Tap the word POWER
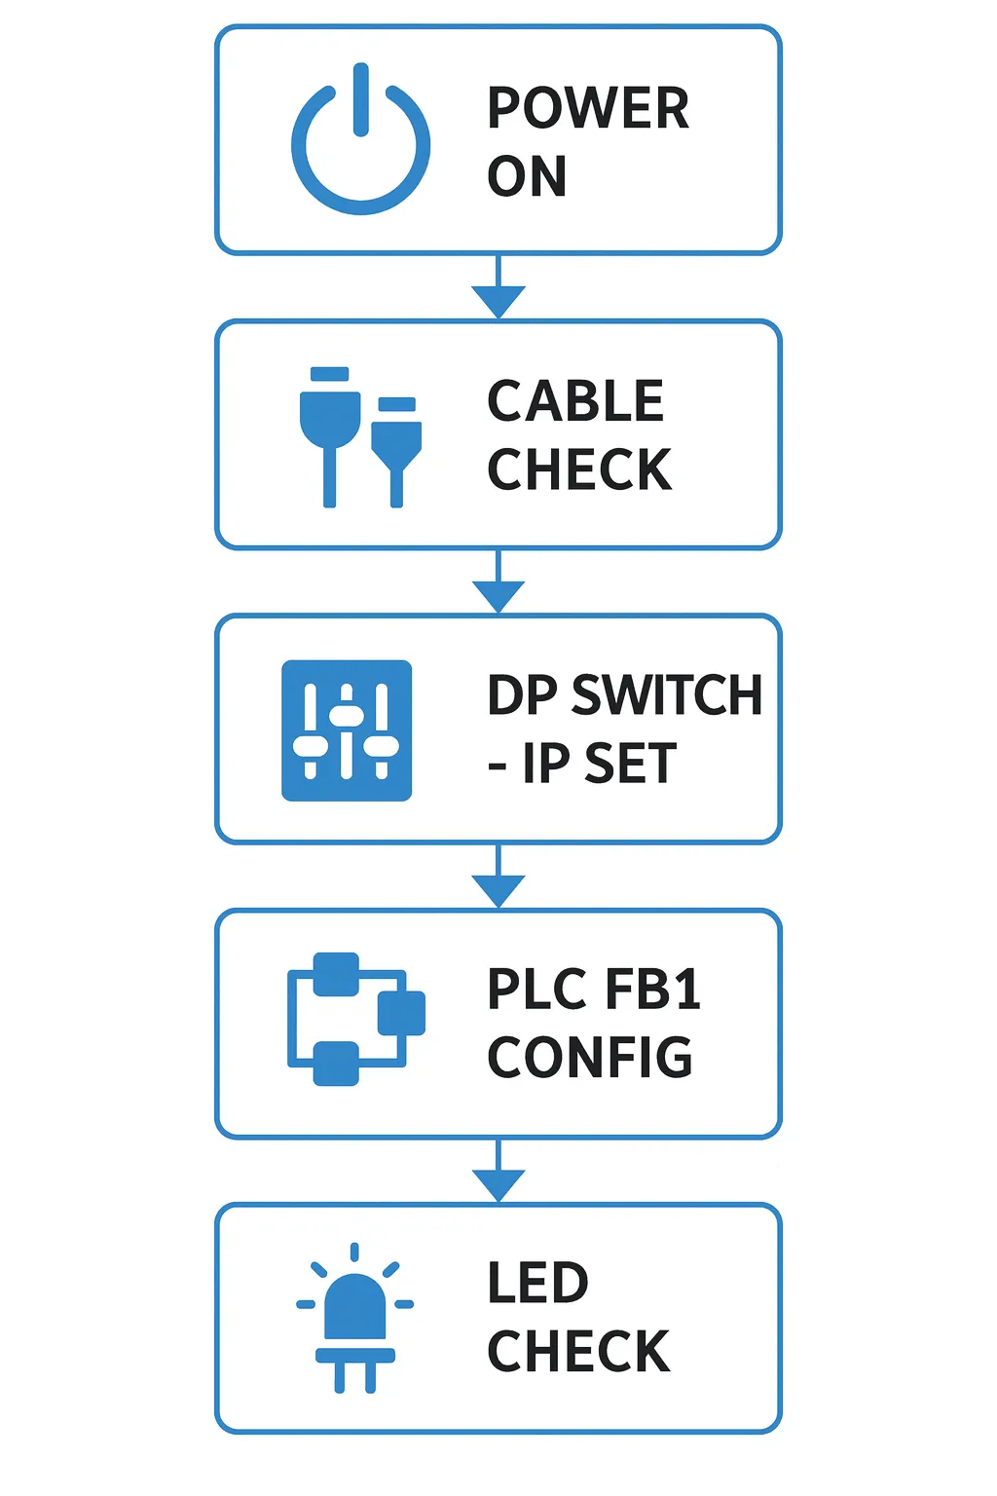click(588, 107)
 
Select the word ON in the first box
click(527, 176)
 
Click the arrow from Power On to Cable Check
click(498, 290)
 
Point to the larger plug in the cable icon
click(330, 429)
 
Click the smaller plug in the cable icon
click(396, 445)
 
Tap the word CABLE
click(575, 401)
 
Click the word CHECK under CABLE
click(579, 469)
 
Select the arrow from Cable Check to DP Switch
click(498, 584)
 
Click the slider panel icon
click(347, 730)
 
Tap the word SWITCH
click(667, 695)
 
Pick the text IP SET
click(599, 764)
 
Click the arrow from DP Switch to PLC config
click(498, 879)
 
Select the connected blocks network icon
click(356, 1019)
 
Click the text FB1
click(652, 990)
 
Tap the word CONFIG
click(590, 1058)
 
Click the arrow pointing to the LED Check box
click(498, 1174)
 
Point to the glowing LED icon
click(355, 1315)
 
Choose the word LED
click(537, 1283)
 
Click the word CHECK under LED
click(578, 1352)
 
